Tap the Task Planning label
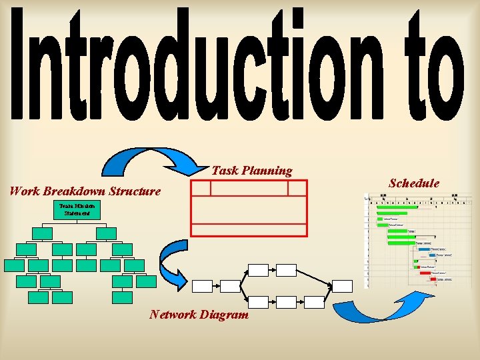[252, 171]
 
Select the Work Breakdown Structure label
[85, 191]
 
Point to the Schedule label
[414, 183]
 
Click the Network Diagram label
[199, 314]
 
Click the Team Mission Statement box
[77, 211]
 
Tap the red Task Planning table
[249, 207]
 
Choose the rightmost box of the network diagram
[342, 286]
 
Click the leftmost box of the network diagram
[202, 286]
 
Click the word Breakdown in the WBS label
[75, 191]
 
